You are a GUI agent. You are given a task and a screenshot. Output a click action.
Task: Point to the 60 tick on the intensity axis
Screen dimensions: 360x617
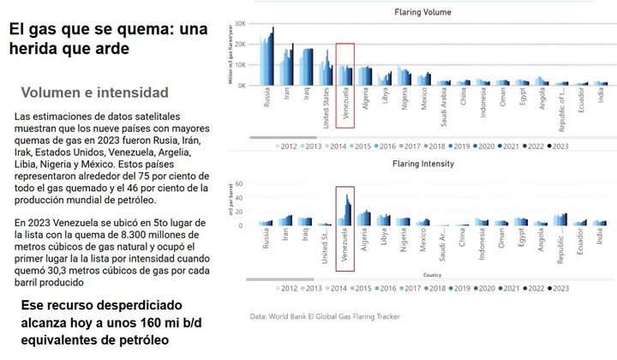pyautogui.click(x=242, y=184)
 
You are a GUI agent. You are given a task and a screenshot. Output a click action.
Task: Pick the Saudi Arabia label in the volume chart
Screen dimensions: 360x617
pyautogui.click(x=443, y=109)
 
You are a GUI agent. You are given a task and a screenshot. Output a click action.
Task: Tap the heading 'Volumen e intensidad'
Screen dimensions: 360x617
pyautogui.click(x=94, y=93)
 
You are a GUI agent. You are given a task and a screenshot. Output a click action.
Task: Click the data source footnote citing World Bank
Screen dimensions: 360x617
pyautogui.click(x=325, y=316)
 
